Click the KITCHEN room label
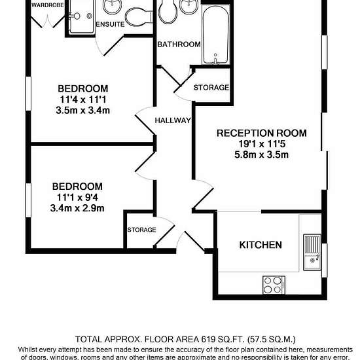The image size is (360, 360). point(261,245)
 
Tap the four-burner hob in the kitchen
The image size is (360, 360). point(274,285)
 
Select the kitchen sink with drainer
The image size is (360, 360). point(312,252)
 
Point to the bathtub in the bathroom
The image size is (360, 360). point(215,35)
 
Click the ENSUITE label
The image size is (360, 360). point(110,24)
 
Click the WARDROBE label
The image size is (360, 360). point(47,5)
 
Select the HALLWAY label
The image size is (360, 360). point(173,120)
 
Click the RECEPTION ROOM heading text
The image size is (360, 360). point(262,133)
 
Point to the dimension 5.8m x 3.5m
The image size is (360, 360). point(262,154)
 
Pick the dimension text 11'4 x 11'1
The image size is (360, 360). point(83,99)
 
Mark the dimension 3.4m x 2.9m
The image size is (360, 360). point(77,208)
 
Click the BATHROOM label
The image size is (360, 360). point(179,45)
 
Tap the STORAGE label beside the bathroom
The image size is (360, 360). point(211,88)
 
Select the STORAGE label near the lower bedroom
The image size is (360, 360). point(141,230)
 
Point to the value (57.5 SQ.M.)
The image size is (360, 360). point(272,339)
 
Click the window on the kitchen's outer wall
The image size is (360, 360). point(324,260)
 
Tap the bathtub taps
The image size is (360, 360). point(215,59)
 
